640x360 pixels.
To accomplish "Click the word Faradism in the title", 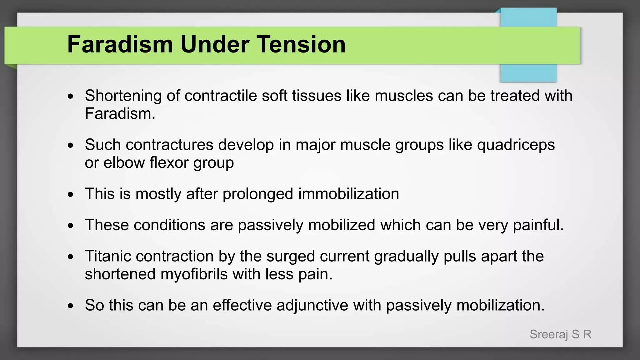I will (x=120, y=44).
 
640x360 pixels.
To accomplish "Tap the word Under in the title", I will (x=215, y=44).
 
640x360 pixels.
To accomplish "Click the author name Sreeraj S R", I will (x=560, y=334).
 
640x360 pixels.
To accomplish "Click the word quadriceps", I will (x=516, y=145).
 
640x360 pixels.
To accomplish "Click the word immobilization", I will (x=348, y=194).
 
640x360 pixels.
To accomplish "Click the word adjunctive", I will (x=312, y=305).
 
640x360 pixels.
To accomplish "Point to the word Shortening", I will (x=123, y=96).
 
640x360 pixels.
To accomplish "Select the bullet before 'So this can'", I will (x=71, y=306).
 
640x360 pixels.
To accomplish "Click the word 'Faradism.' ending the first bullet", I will (x=120, y=114).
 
